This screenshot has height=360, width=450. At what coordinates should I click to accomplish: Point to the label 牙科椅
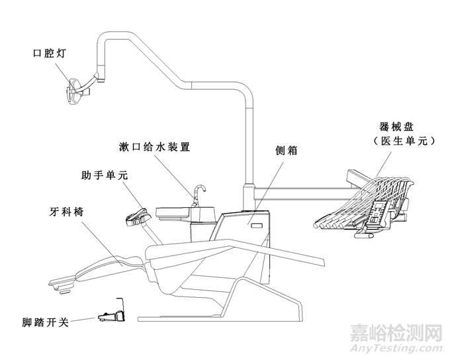(x=67, y=212)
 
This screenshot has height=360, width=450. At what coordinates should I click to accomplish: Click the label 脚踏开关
(x=44, y=324)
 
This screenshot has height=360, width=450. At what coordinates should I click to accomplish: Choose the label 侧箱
(x=286, y=151)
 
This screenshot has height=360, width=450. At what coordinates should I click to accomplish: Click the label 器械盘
(x=394, y=126)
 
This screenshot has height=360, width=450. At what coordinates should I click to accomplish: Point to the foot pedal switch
(x=111, y=316)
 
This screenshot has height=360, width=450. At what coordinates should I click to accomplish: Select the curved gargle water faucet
(x=199, y=194)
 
